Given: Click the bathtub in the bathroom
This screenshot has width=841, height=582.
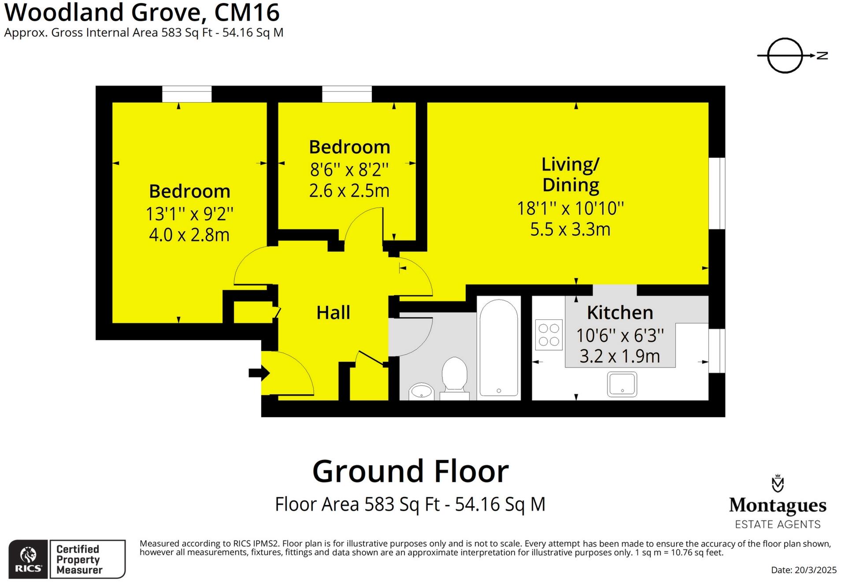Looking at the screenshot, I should click(499, 348).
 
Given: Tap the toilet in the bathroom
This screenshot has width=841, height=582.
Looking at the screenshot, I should click(454, 374).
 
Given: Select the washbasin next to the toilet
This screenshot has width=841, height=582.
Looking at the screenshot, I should click(421, 391).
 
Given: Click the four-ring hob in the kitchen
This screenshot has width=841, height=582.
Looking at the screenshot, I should click(549, 335).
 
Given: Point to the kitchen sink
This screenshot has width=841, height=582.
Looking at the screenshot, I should click(622, 384).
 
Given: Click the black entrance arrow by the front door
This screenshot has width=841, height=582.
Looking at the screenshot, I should click(259, 373).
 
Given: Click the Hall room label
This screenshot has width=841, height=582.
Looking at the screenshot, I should click(333, 313).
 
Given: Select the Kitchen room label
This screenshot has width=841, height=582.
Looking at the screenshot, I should click(620, 313).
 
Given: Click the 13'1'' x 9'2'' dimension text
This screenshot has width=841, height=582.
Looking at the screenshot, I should click(189, 214).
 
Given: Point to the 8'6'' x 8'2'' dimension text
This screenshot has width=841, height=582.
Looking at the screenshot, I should click(349, 170).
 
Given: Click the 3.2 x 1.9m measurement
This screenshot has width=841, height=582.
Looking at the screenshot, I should click(620, 356).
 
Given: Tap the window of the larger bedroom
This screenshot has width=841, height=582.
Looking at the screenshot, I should click(187, 94).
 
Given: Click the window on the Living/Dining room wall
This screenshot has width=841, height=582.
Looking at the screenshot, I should click(717, 193).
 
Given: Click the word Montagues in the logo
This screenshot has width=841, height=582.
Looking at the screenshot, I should click(778, 505).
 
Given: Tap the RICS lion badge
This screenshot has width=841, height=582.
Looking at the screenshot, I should click(28, 559).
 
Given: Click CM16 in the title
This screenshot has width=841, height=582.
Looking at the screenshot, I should click(247, 12).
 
